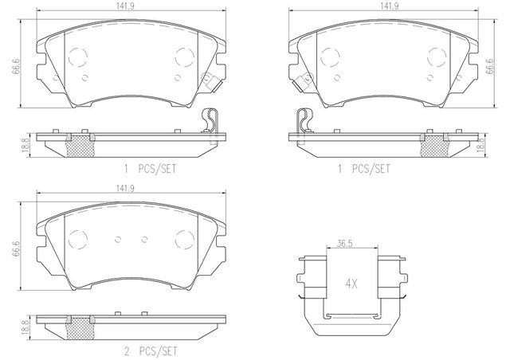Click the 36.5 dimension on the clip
[345, 244]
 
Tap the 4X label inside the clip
[351, 284]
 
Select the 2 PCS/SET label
[151, 351]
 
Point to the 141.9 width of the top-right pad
[390, 6]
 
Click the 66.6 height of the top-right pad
[489, 66]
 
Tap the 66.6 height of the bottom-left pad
[16, 248]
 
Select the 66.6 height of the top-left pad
[16, 66]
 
